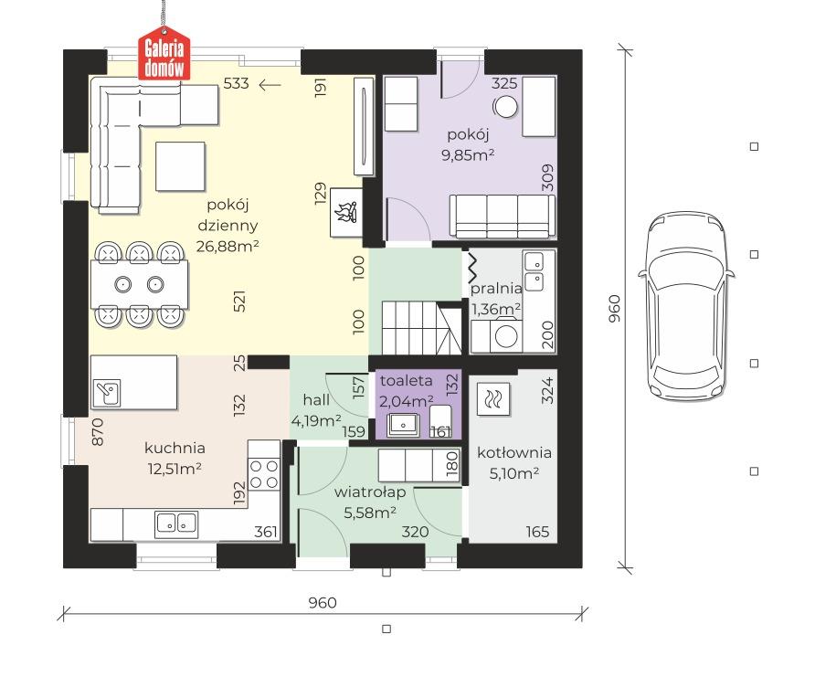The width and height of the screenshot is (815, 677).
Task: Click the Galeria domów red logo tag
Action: tap(164, 58)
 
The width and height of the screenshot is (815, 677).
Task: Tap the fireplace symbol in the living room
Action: tap(346, 213)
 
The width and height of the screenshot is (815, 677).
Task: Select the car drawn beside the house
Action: tap(687, 305)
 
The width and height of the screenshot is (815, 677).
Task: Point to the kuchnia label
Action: tap(175, 448)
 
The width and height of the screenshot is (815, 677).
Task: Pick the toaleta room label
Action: tap(406, 381)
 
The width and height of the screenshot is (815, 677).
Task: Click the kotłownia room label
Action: tap(514, 452)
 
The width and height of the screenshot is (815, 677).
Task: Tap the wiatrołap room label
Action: tap(369, 492)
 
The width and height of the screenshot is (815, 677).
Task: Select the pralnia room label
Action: tap(496, 289)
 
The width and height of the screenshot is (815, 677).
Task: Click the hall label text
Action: tap(316, 399)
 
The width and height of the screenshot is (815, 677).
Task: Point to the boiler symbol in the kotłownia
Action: tap(492, 399)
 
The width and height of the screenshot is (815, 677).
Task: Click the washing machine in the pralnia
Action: tap(505, 336)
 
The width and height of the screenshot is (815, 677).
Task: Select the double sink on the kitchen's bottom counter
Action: tap(176, 524)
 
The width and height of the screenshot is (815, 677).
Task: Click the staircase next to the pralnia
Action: tap(421, 327)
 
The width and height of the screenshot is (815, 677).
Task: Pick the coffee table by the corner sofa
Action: tap(180, 166)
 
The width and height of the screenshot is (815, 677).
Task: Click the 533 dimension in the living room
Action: tap(236, 83)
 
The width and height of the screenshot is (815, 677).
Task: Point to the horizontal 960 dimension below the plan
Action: tap(323, 603)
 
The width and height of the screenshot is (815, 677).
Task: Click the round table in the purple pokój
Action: tap(504, 107)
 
